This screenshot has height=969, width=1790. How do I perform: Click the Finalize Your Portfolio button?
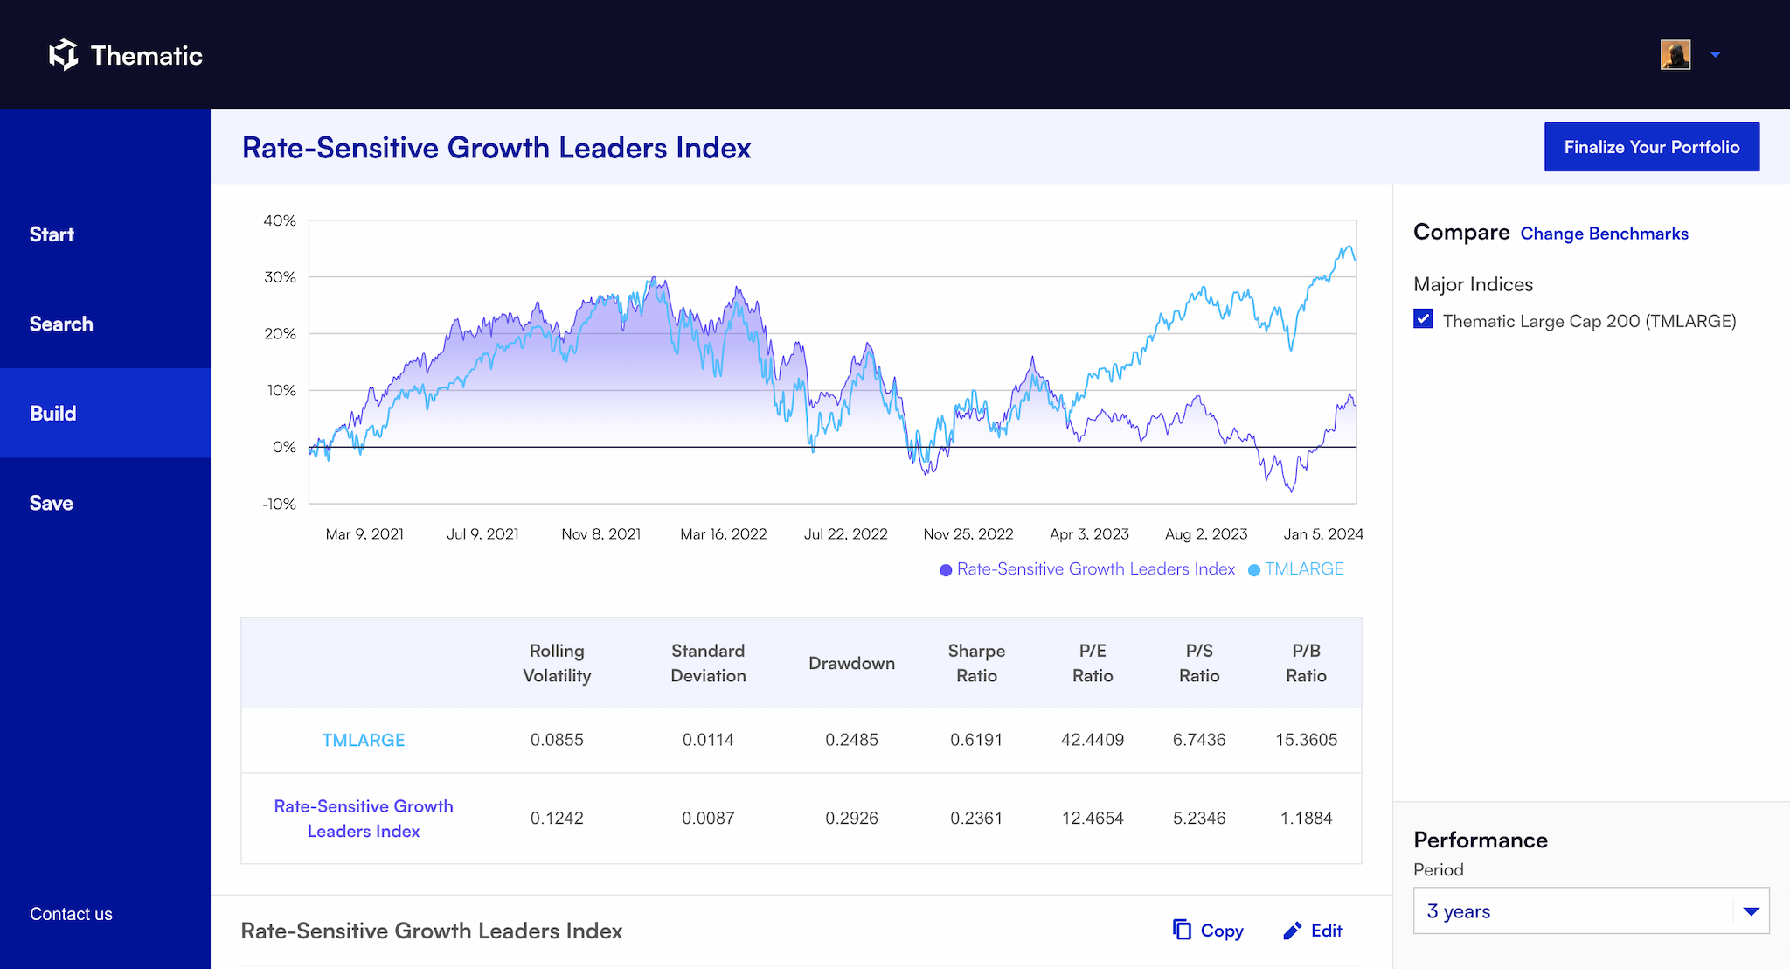point(1651,147)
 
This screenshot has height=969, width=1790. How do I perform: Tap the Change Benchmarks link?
point(1604,234)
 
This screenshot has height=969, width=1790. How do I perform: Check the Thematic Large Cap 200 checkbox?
point(1423,319)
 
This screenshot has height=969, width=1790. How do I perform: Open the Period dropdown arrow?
point(1751,911)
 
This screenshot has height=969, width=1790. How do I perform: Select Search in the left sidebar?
point(61,324)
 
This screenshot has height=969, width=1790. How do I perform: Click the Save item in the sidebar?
point(52,503)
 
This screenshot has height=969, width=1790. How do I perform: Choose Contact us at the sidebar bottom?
point(71,914)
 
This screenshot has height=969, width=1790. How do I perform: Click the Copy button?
point(1209,931)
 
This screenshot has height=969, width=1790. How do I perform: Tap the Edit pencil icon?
point(1293,931)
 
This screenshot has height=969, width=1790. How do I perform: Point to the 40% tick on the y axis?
point(280,221)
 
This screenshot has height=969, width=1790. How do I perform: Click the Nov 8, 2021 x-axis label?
point(601,534)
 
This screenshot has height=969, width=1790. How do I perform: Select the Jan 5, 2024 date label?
point(1322,534)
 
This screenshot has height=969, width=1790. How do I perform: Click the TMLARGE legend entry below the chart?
point(1303,569)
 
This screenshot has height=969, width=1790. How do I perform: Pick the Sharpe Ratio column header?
point(976,663)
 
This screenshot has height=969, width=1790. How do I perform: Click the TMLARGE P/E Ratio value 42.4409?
point(1093,740)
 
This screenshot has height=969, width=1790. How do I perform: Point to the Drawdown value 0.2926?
point(851,819)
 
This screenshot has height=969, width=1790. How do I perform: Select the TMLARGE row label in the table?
point(364,740)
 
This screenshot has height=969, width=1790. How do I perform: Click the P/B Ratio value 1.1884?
point(1306,819)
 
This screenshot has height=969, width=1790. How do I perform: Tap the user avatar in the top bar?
point(1676,55)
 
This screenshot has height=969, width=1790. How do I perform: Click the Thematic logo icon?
point(63,55)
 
